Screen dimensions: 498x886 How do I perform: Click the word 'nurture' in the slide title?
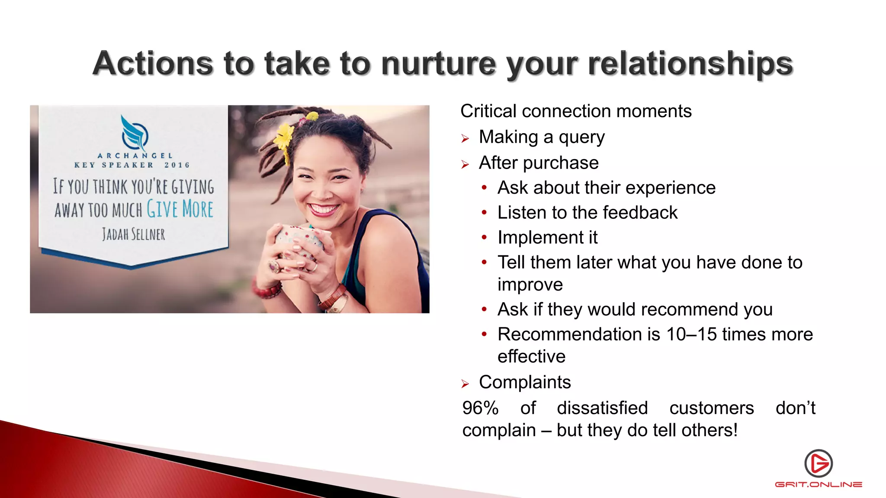coord(438,64)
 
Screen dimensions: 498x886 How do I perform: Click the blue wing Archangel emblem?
coord(134,133)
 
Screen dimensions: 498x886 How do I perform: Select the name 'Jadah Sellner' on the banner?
coord(134,234)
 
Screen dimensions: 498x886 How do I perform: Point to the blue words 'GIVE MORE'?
coord(180,209)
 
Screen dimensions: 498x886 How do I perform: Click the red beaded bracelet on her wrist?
coord(268,291)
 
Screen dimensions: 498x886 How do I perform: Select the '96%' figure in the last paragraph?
coord(480,408)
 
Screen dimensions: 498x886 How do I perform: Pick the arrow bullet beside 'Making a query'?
coord(465,139)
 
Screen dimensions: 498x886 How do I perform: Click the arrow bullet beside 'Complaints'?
coord(465,384)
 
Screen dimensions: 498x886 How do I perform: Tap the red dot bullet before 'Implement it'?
coord(485,237)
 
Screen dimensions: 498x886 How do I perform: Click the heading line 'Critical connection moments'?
coord(576,111)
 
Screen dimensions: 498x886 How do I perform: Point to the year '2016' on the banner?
coord(177,165)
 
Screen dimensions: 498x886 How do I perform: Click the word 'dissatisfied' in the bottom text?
coord(602,408)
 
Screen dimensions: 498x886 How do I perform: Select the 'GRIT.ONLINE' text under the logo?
coord(819,485)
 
